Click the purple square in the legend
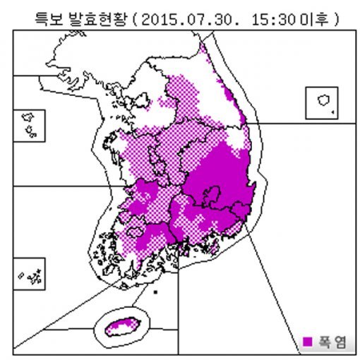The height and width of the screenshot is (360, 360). (x=307, y=342)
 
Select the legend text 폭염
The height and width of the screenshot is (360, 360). (x=331, y=342)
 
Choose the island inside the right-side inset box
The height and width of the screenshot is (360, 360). (x=323, y=100)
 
